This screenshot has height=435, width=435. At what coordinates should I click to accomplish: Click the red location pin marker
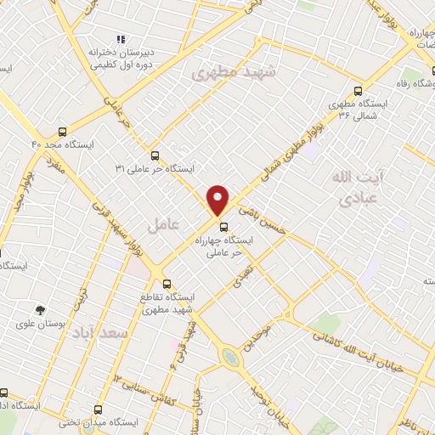coord(218,199)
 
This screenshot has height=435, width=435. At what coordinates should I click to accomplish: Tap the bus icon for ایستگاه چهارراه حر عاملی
coord(224,227)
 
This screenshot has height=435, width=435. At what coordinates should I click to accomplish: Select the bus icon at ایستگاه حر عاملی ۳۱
coord(155,155)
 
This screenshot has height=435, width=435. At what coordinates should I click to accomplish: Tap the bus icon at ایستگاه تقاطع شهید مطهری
coord(167,284)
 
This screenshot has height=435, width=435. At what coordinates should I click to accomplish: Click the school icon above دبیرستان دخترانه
coord(121,38)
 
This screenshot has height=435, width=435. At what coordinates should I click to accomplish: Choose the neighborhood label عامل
coord(161,225)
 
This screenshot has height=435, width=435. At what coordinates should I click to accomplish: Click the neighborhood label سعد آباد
coord(99,333)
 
